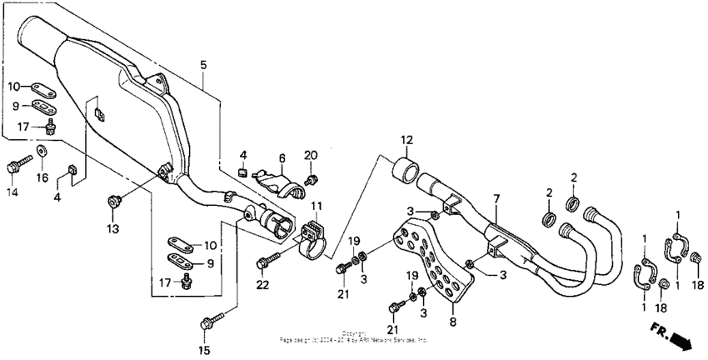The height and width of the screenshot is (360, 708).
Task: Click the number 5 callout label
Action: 202,64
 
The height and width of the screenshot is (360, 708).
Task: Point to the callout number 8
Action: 452,320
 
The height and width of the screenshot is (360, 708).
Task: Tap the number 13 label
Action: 112,227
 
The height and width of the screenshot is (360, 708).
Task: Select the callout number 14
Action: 12,192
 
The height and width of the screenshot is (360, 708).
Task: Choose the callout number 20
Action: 311,155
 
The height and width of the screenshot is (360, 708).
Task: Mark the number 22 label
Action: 264,286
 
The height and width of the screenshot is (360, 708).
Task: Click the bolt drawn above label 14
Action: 14,167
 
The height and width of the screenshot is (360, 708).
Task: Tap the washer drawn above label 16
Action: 42,152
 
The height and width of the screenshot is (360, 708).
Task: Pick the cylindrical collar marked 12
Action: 405,169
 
